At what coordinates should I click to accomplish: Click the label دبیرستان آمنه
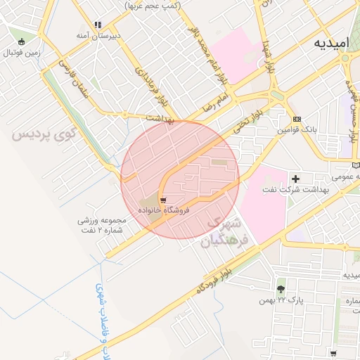[98, 35]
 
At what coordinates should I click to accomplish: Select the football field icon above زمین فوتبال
[23, 41]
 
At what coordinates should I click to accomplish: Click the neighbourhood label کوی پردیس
[43, 133]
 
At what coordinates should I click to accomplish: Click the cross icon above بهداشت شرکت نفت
[295, 179]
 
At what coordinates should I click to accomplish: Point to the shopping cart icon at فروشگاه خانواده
[163, 201]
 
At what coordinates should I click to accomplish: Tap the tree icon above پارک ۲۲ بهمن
[281, 289]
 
